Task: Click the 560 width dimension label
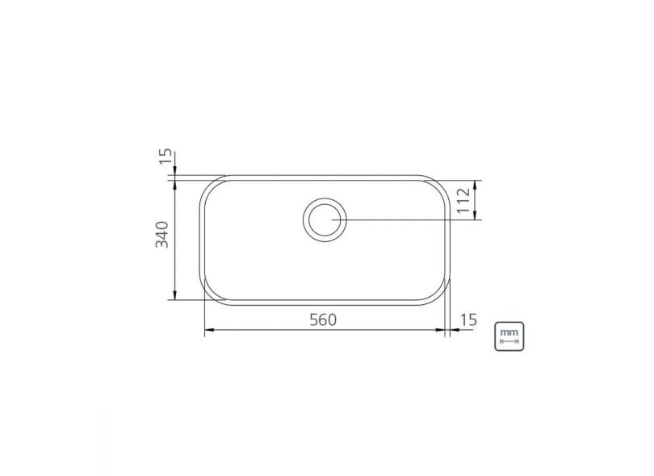pos(321,319)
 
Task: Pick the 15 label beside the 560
pos(467,319)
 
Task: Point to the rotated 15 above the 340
pos(166,156)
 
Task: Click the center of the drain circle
pos(325,219)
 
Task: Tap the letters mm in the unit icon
pos(509,331)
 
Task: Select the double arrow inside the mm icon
pos(509,341)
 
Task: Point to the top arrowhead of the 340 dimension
pos(174,183)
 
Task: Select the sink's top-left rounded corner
pos(209,188)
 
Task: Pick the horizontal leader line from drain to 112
pos(404,219)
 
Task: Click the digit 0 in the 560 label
pos(330,319)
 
